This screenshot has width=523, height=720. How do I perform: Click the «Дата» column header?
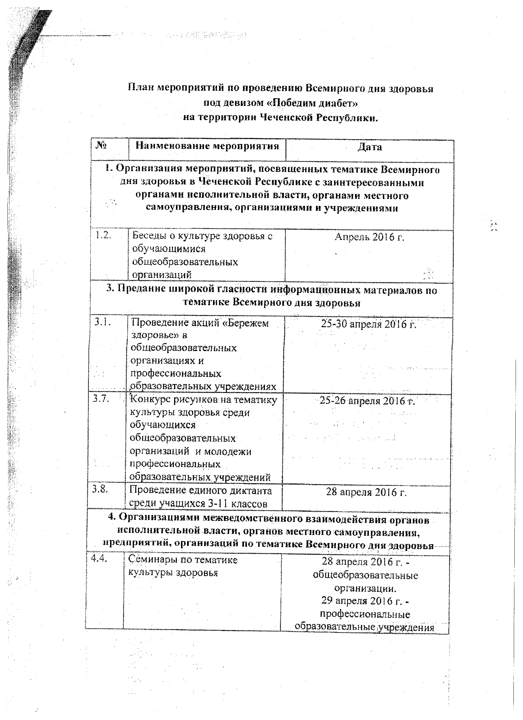click(x=369, y=147)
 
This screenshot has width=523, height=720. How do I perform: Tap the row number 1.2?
click(x=103, y=235)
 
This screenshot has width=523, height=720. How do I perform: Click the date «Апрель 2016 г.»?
click(x=369, y=237)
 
